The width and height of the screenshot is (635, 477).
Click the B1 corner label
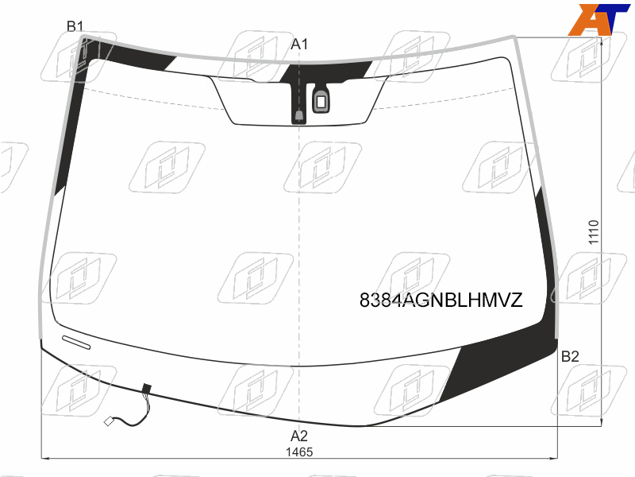[x=75, y=26]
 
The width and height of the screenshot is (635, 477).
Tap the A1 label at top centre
[x=299, y=44]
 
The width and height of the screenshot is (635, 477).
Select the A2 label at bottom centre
[x=299, y=436]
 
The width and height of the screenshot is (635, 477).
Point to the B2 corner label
[x=570, y=356]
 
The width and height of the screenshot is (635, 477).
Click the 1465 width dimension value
[x=299, y=452]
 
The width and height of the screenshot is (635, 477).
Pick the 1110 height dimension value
[x=594, y=232]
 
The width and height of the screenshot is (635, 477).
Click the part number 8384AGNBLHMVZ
[x=441, y=301]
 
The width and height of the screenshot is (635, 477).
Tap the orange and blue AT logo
[x=598, y=19]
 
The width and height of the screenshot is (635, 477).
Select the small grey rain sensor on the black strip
[x=299, y=115]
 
